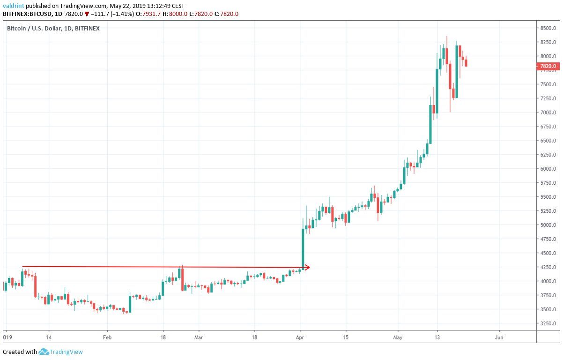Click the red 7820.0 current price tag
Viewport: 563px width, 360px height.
(548, 66)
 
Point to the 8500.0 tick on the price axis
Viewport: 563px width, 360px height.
(548, 28)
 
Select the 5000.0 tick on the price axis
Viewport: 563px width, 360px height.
(548, 225)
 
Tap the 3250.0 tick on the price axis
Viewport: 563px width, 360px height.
(548, 323)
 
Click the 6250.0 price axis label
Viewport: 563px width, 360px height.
(548, 155)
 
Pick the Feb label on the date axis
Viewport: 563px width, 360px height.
(107, 337)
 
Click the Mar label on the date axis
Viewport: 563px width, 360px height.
(199, 337)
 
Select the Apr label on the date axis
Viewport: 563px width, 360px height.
(300, 337)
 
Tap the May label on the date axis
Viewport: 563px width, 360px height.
(398, 337)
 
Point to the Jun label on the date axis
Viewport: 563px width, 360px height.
(499, 337)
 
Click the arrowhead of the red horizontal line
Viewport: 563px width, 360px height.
(307, 267)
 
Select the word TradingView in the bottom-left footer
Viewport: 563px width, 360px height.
(67, 352)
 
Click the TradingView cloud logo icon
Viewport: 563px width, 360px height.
(44, 352)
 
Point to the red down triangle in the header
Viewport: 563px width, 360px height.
(87, 14)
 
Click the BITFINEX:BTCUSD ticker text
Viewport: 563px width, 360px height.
(27, 14)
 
